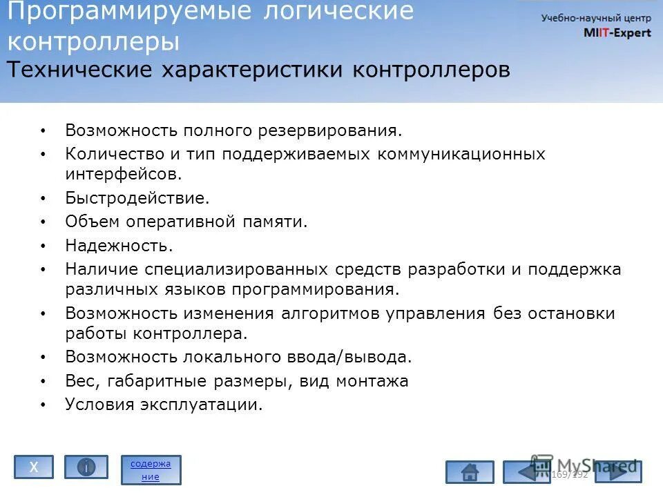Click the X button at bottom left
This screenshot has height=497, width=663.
coord(34,467)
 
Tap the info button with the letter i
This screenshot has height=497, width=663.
coord(86,467)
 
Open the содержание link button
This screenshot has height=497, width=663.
coord(151,469)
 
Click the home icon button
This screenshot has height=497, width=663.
coord(470,472)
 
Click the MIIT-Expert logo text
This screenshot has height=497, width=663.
coord(617,33)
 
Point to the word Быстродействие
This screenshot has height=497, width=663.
coord(137,199)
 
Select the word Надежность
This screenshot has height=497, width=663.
coord(119,245)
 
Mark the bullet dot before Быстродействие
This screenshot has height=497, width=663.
coord(43,199)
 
